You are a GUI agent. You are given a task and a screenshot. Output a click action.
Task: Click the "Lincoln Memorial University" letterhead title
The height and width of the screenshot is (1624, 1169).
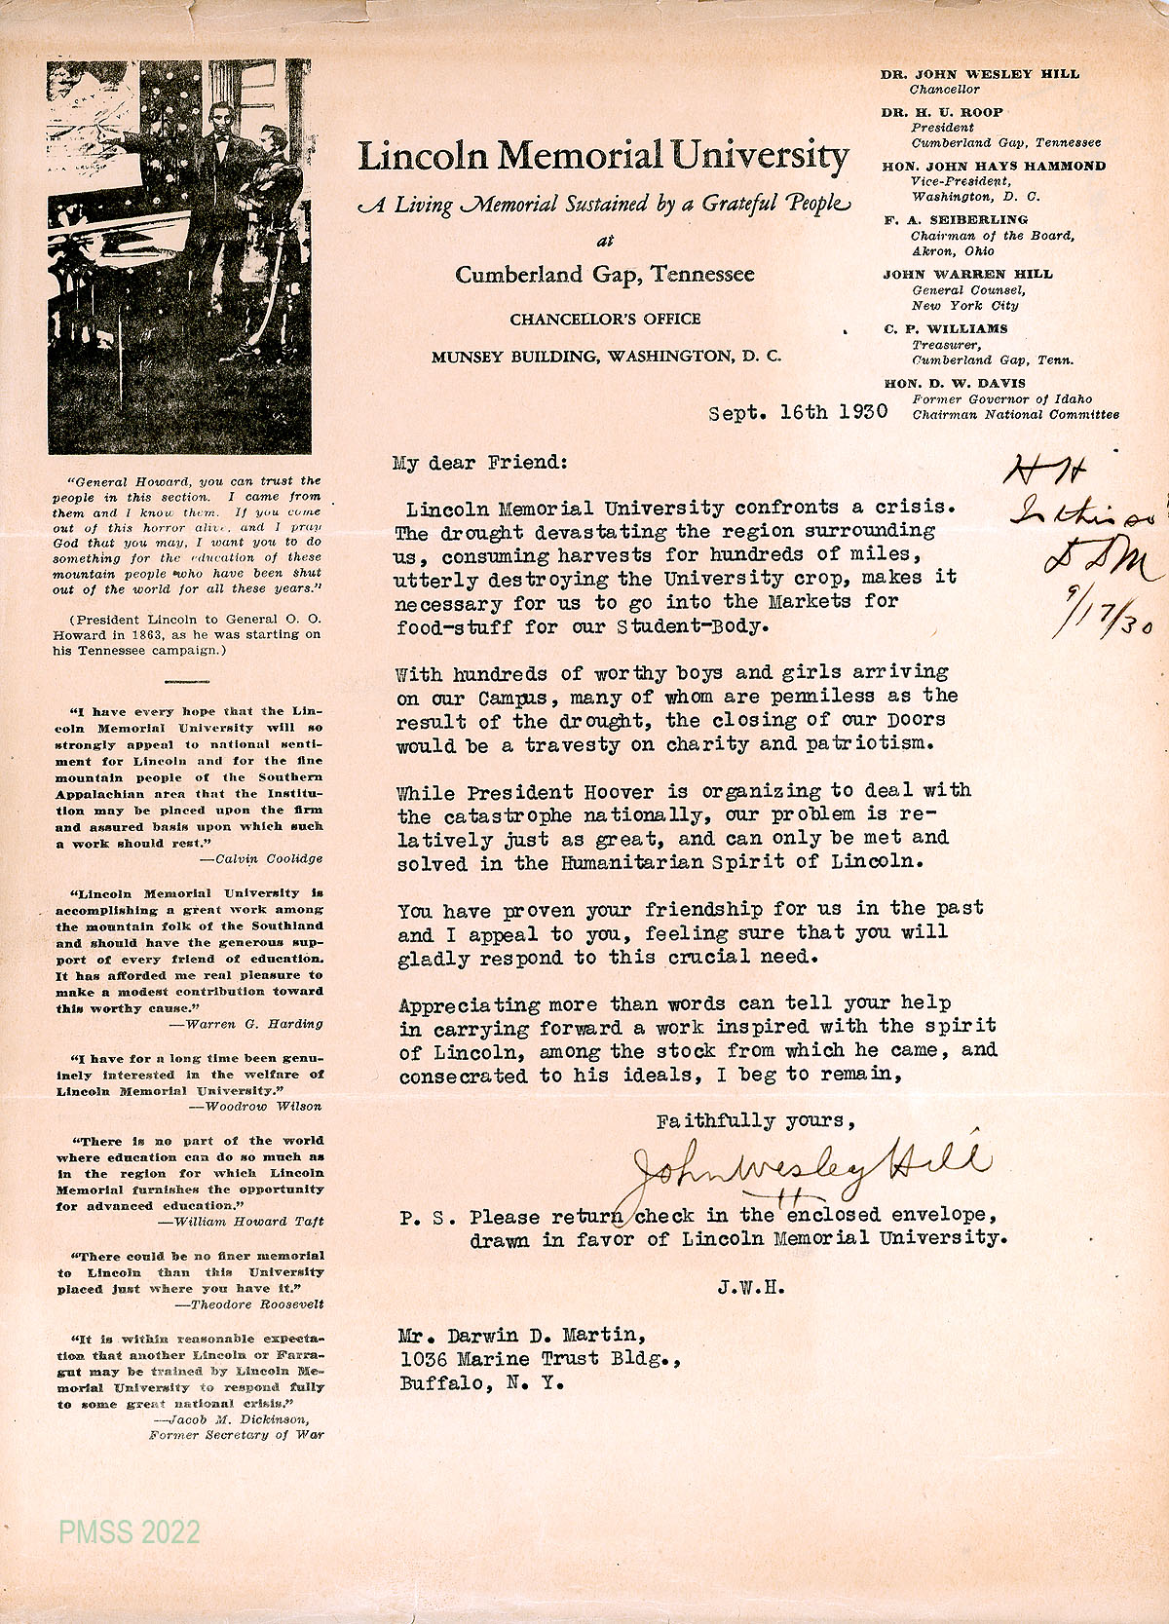[603, 156]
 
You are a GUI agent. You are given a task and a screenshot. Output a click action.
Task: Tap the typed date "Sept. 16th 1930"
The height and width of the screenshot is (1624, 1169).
[798, 412]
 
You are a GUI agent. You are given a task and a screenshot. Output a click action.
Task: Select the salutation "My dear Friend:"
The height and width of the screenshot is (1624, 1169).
[479, 462]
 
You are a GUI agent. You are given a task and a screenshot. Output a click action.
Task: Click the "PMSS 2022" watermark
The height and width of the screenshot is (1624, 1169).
[130, 1531]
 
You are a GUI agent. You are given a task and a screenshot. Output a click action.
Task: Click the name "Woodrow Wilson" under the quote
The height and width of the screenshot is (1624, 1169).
[262, 1106]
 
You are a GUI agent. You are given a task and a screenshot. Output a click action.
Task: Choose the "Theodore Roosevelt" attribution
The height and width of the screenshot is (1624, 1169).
[257, 1303]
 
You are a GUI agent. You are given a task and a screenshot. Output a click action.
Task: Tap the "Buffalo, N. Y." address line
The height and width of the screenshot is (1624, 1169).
[482, 1383]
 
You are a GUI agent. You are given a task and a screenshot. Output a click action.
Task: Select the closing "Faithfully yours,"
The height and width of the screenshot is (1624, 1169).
[756, 1121]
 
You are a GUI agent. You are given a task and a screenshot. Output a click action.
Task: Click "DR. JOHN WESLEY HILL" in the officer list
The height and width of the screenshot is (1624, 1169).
[980, 74]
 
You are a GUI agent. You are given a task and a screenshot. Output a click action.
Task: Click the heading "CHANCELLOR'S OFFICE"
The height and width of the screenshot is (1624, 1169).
[605, 319]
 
